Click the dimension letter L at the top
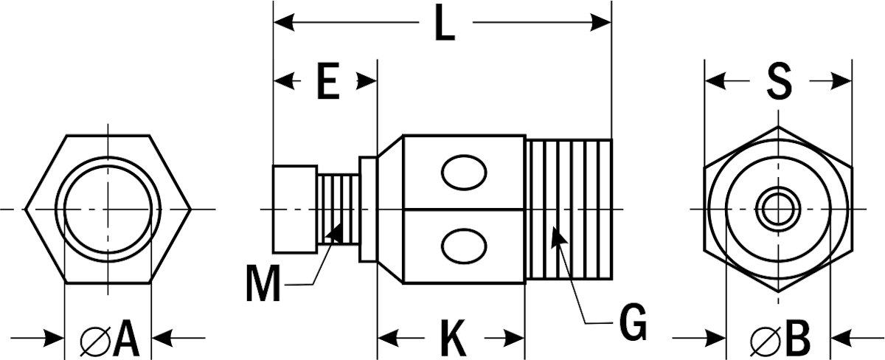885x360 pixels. (x=444, y=23)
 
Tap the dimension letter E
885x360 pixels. (x=328, y=80)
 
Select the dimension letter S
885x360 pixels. (x=779, y=81)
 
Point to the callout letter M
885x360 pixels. (x=263, y=283)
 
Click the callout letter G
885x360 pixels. (x=633, y=322)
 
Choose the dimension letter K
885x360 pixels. (x=453, y=339)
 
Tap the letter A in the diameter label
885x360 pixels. (x=126, y=338)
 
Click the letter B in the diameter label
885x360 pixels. (x=798, y=339)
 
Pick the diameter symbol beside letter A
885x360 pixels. (x=95, y=341)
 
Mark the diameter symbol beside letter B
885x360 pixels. (x=766, y=342)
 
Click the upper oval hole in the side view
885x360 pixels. (x=464, y=173)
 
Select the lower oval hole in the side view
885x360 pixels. (x=464, y=246)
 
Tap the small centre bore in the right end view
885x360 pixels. (x=778, y=210)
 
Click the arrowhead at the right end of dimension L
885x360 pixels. (x=600, y=23)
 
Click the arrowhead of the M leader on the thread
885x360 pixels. (x=335, y=232)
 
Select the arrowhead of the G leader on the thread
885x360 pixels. (x=559, y=235)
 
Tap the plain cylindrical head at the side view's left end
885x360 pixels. (x=295, y=209)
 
